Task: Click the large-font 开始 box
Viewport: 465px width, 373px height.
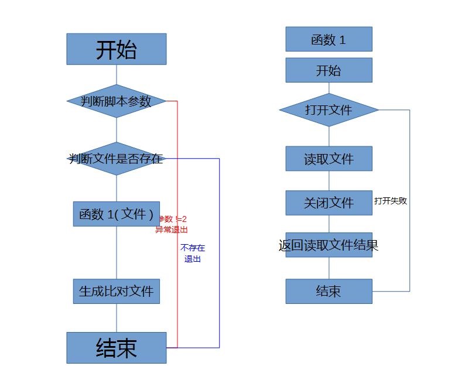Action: coord(116,49)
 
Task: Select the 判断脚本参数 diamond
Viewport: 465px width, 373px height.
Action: coord(116,101)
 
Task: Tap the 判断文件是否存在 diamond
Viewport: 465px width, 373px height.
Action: coord(116,159)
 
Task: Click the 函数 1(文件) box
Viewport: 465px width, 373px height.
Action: coord(116,214)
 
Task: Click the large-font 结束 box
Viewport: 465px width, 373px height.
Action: coord(116,348)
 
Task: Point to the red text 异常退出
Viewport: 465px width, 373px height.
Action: coord(172,230)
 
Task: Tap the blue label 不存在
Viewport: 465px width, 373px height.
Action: coord(193,248)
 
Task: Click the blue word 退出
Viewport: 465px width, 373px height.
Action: coord(193,258)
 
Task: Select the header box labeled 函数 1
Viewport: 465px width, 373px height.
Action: coord(329,39)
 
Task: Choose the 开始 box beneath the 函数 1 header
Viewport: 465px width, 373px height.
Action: coord(329,70)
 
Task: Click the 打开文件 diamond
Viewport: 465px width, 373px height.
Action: coord(329,109)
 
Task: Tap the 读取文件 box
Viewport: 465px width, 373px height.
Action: coord(329,159)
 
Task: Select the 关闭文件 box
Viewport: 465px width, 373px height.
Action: coord(329,203)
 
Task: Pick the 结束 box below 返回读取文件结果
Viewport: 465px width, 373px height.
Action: coord(329,291)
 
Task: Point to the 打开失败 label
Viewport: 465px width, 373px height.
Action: coord(391,201)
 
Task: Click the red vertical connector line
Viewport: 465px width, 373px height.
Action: coord(177,281)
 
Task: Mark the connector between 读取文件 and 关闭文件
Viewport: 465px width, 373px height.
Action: coord(329,180)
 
